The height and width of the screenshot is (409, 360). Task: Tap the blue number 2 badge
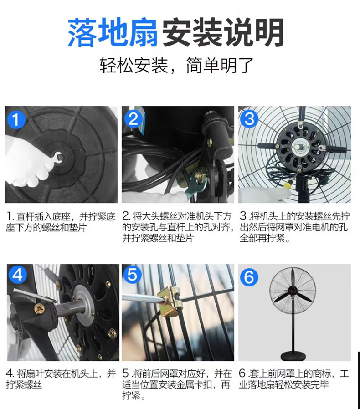[134, 119]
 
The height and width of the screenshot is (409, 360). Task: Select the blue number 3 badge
[249, 119]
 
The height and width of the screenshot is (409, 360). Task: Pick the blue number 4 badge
[18, 275]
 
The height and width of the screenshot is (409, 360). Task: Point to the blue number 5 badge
[132, 274]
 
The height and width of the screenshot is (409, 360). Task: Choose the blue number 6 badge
[249, 277]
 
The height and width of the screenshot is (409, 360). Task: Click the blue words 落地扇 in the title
[113, 32]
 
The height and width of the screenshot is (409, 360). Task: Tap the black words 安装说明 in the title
[223, 32]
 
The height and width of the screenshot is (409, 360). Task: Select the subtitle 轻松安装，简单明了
[177, 65]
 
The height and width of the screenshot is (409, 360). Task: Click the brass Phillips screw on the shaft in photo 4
[40, 310]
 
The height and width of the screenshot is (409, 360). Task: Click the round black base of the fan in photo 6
[293, 356]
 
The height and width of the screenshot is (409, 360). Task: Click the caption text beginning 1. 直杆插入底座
[61, 222]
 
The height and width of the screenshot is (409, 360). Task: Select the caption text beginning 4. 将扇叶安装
[61, 379]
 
